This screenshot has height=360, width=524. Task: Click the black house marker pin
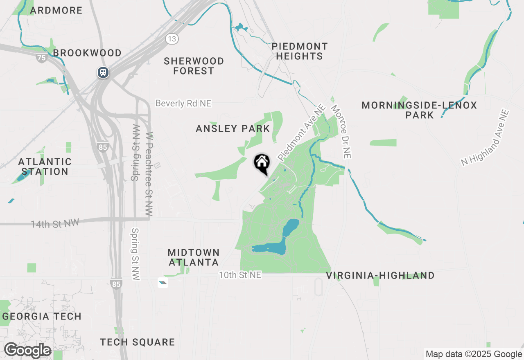tap(262, 163)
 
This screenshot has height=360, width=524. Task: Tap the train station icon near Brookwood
tap(103, 72)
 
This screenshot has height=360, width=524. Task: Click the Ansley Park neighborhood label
tap(233, 129)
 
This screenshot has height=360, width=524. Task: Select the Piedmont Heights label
tap(300, 52)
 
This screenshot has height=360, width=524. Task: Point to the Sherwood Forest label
tap(194, 66)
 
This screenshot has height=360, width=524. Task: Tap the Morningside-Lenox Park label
tap(419, 110)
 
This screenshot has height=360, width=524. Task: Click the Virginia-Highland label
tap(380, 275)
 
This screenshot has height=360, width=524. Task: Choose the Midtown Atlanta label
tap(194, 257)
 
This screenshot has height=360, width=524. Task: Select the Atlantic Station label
tap(45, 166)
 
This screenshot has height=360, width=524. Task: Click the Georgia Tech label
tap(42, 316)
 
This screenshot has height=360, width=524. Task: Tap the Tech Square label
tap(138, 342)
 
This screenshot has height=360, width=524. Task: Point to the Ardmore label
tap(56, 10)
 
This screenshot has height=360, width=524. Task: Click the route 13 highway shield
tap(172, 39)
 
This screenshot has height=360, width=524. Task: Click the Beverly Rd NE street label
tap(183, 103)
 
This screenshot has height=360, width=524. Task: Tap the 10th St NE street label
tap(240, 275)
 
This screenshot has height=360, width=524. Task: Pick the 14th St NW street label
tap(54, 223)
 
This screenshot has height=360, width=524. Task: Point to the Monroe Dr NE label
tap(341, 132)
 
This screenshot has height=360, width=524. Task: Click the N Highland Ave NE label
tap(485, 137)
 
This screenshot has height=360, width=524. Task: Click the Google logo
tap(27, 351)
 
